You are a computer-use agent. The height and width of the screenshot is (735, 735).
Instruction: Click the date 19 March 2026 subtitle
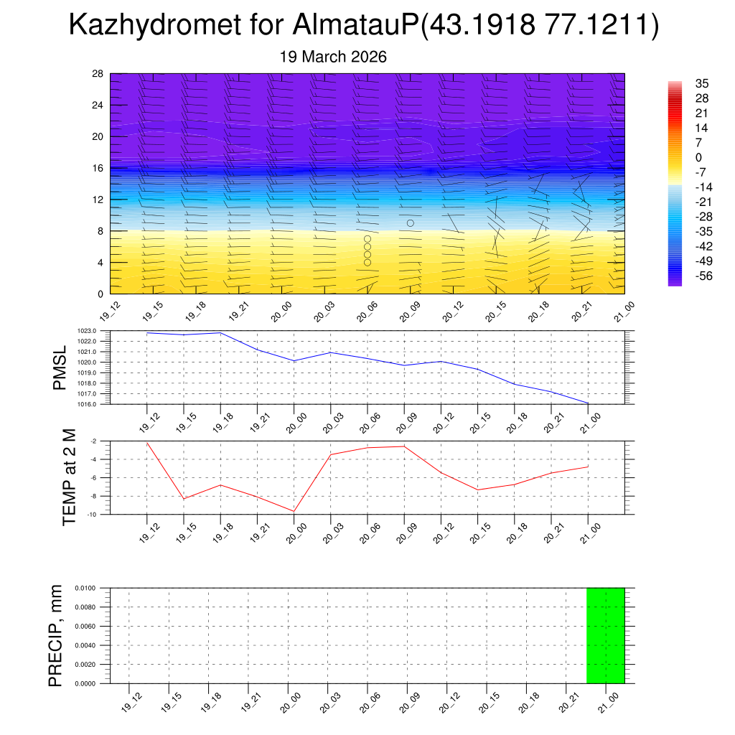point(333,57)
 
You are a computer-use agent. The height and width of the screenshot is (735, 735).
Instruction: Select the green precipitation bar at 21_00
point(605,635)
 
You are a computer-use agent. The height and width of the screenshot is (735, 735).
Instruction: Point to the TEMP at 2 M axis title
point(69,477)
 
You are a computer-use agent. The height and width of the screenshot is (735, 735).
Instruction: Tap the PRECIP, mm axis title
point(56,635)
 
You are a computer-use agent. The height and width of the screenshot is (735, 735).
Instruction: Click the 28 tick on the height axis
point(98,74)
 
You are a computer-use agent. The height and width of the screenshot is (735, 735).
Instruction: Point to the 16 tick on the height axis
point(98,168)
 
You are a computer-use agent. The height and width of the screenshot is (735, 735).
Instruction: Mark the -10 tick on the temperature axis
point(93,515)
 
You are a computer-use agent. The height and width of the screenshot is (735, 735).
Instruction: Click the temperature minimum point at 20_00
point(294,511)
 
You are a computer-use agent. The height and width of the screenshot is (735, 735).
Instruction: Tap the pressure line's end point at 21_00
point(588,403)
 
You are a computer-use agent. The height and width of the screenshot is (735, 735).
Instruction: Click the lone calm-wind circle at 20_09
point(411,223)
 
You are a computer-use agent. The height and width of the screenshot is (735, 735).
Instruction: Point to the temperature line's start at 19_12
point(147,443)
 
